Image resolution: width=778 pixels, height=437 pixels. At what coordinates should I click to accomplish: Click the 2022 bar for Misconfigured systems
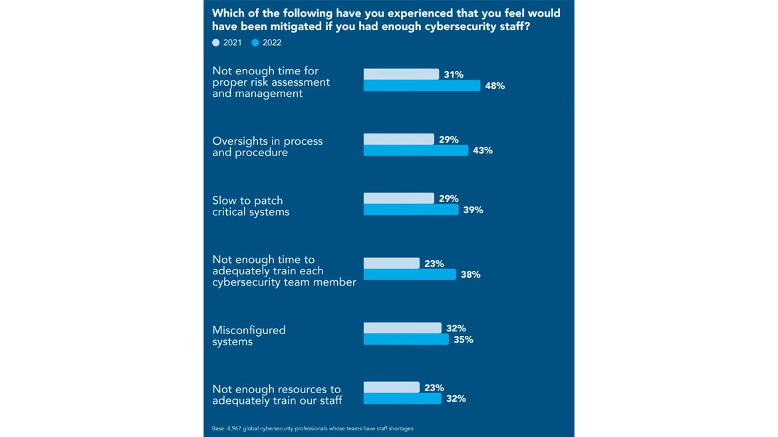406,339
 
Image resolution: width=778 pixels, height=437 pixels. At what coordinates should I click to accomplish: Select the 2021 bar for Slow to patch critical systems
398,199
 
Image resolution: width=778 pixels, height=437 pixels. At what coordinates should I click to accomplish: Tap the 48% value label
495,86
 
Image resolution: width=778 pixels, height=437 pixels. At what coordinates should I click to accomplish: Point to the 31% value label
454,74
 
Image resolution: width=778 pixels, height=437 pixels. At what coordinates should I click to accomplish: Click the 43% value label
483,151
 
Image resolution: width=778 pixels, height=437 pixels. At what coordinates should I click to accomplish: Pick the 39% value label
473,210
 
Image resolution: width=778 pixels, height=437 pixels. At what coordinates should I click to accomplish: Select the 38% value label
471,274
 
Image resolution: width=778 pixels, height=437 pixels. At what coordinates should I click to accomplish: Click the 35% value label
463,339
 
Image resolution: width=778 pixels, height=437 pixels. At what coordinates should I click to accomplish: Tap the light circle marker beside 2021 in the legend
216,43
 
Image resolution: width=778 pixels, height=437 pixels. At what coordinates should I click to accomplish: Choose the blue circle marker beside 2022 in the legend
255,43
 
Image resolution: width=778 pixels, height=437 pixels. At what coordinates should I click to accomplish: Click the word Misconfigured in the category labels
249,330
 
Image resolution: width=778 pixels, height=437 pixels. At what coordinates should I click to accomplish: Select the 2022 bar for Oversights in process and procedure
416,151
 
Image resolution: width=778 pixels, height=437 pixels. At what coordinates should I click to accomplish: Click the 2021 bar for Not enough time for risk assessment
401,74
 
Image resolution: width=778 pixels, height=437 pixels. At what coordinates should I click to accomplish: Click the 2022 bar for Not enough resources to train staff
402,398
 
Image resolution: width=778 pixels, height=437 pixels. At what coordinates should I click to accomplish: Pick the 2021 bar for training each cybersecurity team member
391,264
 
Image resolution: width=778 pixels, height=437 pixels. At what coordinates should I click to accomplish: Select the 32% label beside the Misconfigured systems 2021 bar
456,328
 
